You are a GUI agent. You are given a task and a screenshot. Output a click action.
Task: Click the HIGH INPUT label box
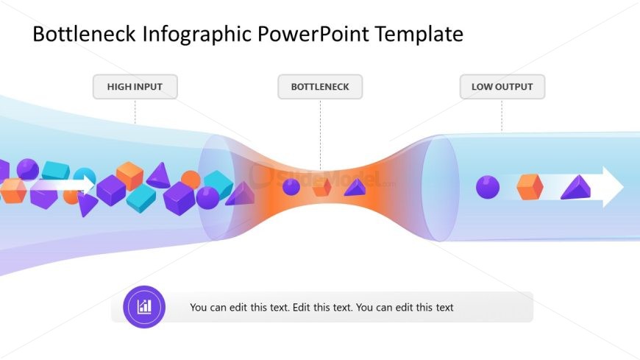point(135,87)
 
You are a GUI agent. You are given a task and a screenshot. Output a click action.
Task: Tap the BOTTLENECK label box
point(320,87)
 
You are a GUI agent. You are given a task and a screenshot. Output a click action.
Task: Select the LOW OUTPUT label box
point(502,87)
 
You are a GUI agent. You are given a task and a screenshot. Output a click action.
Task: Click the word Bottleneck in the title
point(84,34)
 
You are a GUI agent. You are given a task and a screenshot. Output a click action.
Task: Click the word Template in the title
point(419,35)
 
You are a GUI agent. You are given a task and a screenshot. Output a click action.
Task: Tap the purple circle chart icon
point(144,306)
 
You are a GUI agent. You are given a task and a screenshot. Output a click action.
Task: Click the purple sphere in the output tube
point(488,187)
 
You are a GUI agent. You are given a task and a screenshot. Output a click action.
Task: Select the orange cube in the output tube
point(530,187)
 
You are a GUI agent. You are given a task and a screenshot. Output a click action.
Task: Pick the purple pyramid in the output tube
point(576,188)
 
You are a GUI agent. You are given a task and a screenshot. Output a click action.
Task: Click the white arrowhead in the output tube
point(613,187)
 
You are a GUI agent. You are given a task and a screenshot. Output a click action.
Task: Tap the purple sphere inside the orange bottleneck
point(291,187)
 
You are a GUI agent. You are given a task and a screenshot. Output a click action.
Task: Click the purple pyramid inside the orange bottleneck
point(355,188)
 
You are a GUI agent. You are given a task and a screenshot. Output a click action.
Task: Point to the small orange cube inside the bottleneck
point(321,187)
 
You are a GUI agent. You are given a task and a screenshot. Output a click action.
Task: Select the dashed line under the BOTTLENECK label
point(321,134)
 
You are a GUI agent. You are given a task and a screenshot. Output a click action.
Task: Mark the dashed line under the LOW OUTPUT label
point(502,116)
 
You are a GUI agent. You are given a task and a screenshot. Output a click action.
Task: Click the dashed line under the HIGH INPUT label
point(135,111)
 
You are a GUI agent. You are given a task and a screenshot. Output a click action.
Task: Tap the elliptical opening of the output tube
point(441,188)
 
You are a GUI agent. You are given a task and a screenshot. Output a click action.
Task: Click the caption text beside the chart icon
point(321,307)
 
